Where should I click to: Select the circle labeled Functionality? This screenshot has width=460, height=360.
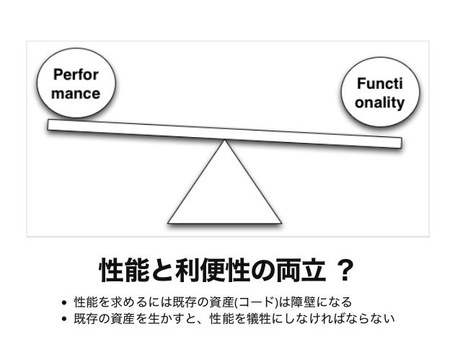point(379,95)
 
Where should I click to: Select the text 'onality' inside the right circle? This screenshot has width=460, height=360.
point(379,102)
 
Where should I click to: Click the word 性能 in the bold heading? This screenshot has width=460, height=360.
point(117,272)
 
